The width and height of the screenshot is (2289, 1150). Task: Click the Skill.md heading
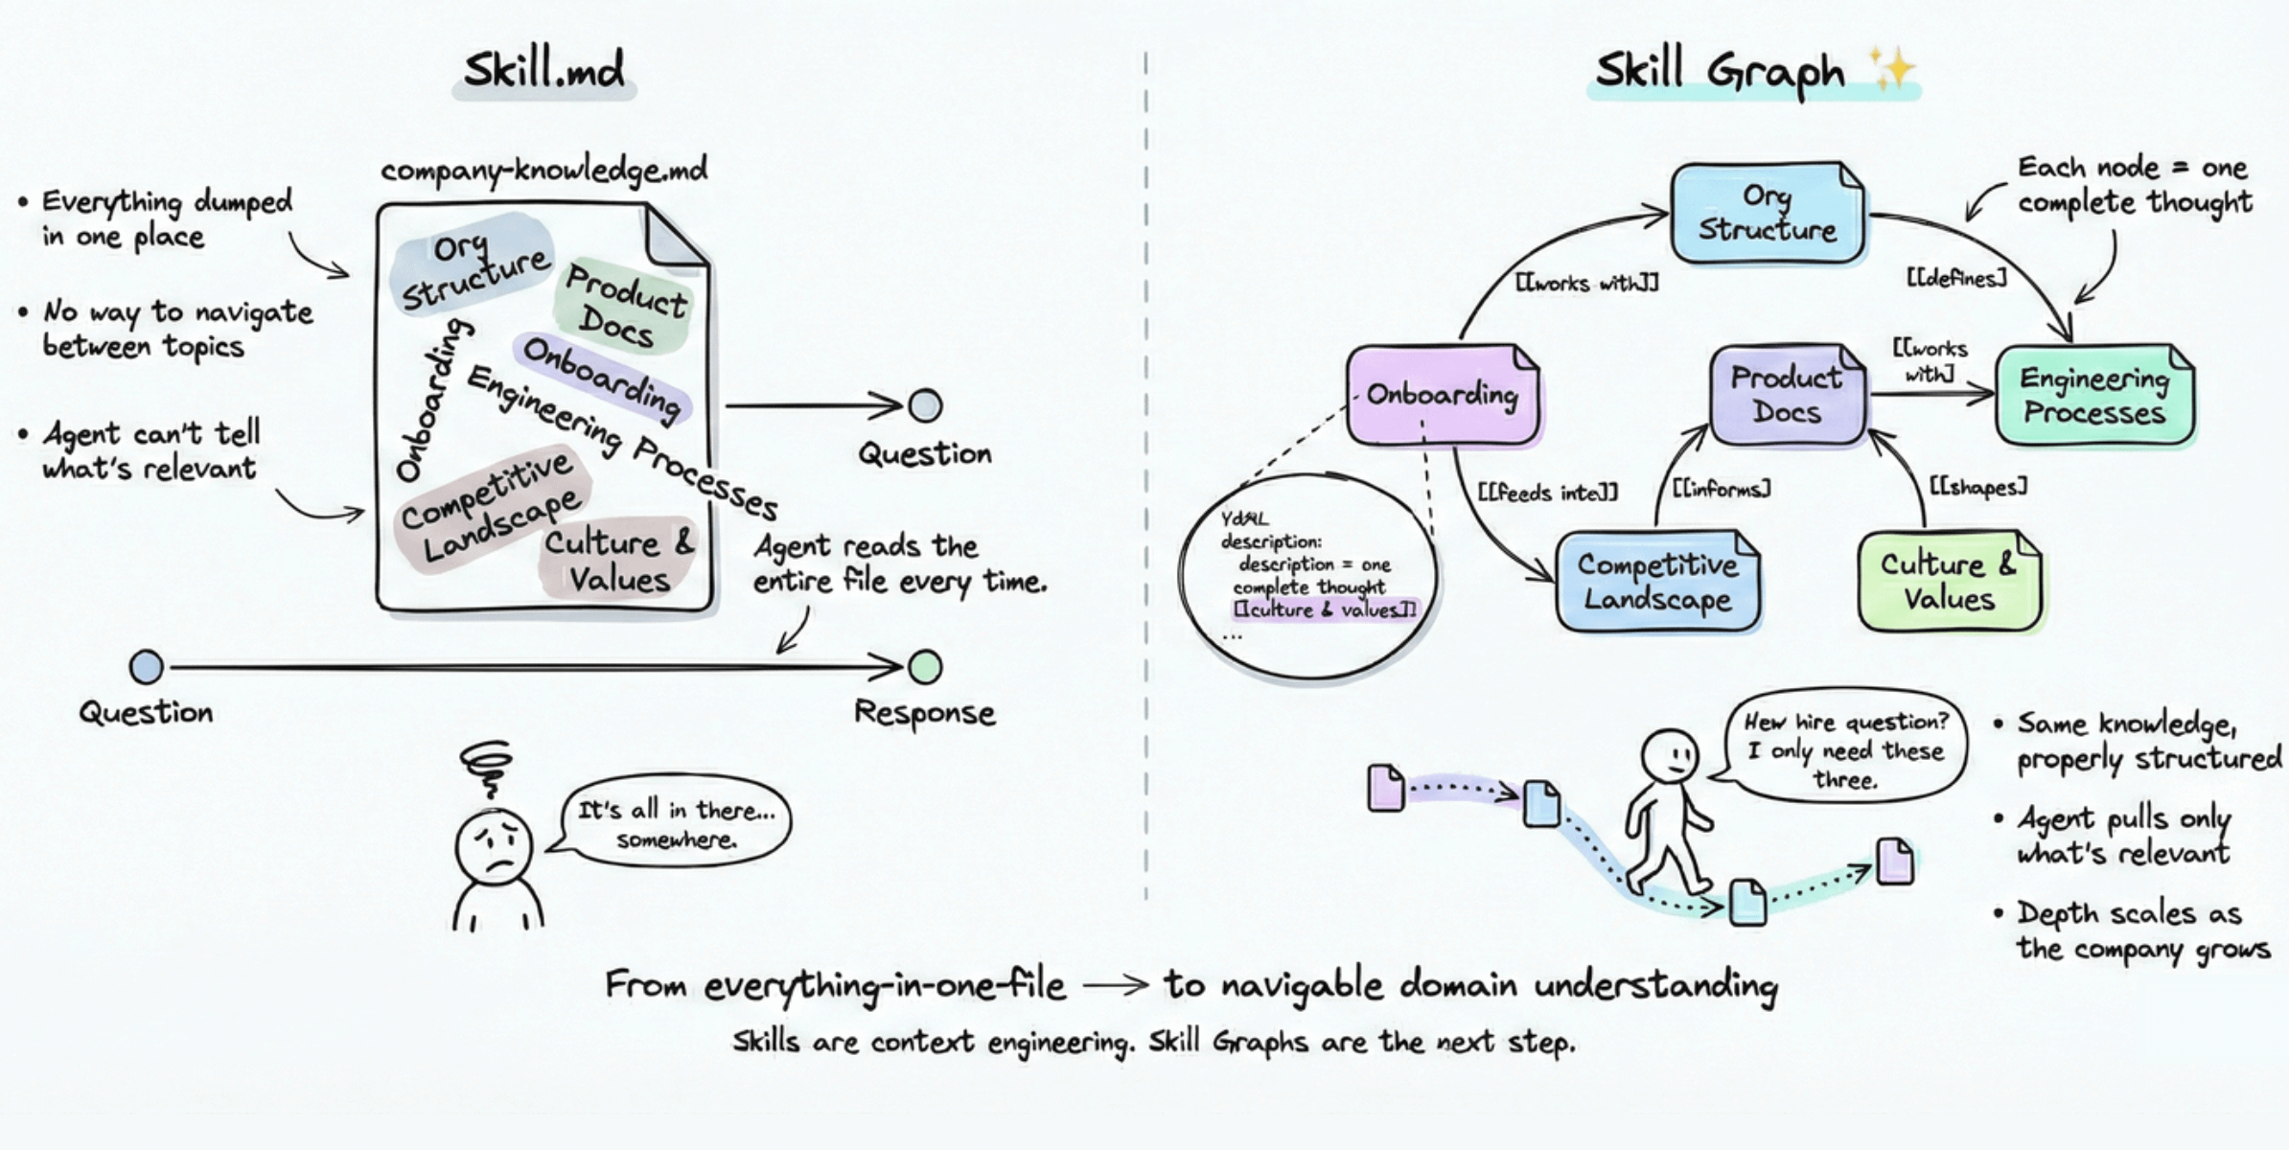(543, 70)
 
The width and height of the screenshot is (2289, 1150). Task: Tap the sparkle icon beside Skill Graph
(1891, 70)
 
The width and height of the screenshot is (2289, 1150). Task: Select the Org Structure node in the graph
(1768, 212)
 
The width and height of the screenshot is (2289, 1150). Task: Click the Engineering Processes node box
(2094, 395)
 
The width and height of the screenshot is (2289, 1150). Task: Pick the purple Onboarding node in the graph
(1442, 394)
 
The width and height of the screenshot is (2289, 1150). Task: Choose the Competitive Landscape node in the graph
(1657, 581)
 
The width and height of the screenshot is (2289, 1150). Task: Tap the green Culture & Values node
(1949, 581)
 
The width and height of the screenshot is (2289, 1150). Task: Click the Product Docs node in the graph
(1787, 394)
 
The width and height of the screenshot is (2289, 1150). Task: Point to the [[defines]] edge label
(1955, 278)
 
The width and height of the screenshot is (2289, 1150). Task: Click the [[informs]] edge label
(1721, 489)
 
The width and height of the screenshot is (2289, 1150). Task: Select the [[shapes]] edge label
(1977, 487)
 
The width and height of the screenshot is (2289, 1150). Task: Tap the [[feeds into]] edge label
(1547, 493)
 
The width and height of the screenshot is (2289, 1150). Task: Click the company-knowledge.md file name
(543, 171)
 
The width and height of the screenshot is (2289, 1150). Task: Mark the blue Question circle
(147, 667)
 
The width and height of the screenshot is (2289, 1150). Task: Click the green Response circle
(925, 667)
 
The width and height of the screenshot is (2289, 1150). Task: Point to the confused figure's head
(494, 847)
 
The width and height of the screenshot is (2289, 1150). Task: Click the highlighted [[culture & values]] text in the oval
(1324, 609)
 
